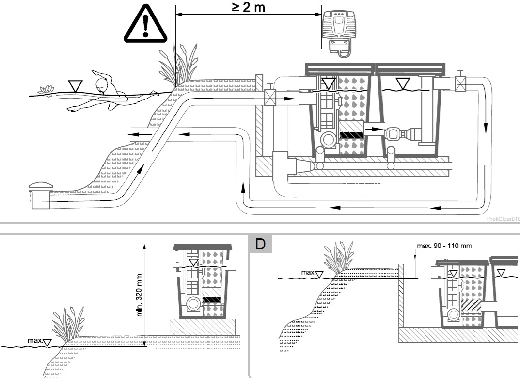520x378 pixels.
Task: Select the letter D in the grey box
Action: pyautogui.click(x=261, y=243)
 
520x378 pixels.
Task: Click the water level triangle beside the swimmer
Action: pyautogui.click(x=75, y=85)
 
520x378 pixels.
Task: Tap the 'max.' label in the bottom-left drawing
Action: pyautogui.click(x=35, y=342)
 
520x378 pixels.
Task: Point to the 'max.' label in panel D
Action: pyautogui.click(x=308, y=273)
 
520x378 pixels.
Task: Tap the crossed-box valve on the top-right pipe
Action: pyautogui.click(x=460, y=83)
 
